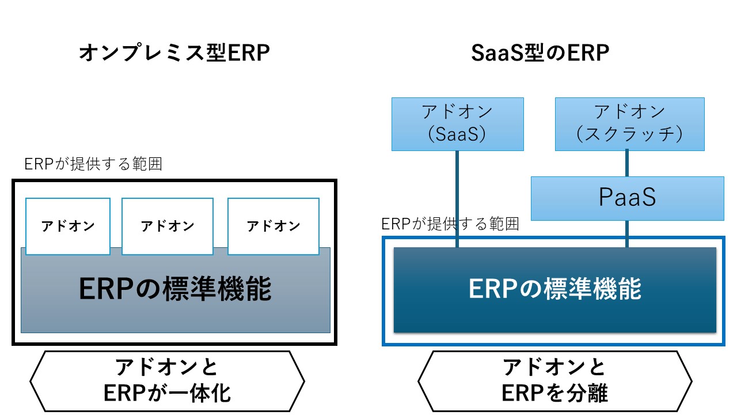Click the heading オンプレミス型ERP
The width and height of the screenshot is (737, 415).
click(x=174, y=54)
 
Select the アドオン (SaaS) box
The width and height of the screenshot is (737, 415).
click(x=457, y=124)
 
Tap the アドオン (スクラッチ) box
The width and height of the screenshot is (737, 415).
click(x=629, y=124)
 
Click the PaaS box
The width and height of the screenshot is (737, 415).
click(x=627, y=198)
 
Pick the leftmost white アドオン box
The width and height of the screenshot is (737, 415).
click(x=68, y=226)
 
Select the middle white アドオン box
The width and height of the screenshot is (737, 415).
click(x=168, y=226)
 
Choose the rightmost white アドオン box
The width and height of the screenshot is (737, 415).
click(x=273, y=226)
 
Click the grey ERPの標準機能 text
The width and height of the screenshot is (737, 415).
click(x=175, y=289)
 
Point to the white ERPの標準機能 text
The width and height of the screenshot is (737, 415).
click(x=554, y=289)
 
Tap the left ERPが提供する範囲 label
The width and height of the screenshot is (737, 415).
click(x=93, y=164)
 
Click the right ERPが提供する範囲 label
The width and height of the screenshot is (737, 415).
click(x=450, y=224)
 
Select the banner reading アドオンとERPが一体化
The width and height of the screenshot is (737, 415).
click(x=167, y=380)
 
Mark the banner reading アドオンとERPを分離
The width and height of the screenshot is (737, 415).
click(x=554, y=380)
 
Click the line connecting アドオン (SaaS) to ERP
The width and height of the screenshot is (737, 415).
click(x=457, y=199)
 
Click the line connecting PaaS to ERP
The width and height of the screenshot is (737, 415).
click(x=627, y=234)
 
